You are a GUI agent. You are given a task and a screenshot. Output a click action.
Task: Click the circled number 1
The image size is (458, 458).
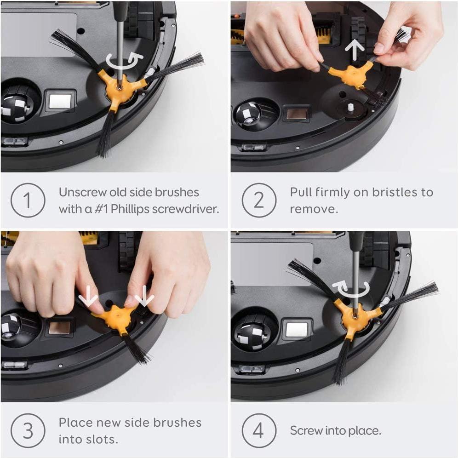(28, 200)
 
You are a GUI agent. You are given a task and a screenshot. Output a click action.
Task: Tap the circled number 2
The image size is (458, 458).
(259, 200)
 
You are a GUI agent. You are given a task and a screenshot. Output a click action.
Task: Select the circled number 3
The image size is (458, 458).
(28, 430)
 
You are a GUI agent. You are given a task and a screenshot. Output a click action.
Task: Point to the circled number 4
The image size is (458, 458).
(259, 430)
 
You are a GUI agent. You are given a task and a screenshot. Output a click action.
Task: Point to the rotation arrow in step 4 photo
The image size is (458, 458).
(351, 289)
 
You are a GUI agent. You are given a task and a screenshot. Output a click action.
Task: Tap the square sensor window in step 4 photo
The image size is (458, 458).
(296, 329)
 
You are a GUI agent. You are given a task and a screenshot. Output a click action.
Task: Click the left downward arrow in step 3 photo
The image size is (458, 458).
(88, 298)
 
